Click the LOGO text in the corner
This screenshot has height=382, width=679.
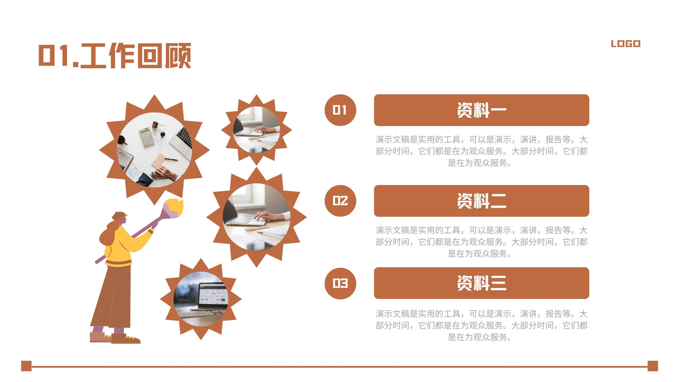tap(626, 44)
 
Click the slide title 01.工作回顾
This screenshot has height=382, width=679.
tap(115, 56)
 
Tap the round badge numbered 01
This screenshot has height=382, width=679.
tap(340, 110)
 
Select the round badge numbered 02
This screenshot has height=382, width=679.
tap(340, 201)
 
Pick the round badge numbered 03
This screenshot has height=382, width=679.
tap(340, 284)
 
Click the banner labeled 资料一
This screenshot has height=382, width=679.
tap(481, 110)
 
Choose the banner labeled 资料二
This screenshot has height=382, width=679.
tap(481, 201)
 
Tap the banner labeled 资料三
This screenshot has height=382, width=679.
tap(481, 283)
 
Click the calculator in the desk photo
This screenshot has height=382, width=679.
tap(146, 137)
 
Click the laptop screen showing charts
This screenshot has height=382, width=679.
tap(213, 293)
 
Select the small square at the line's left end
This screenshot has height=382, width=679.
tap(26, 366)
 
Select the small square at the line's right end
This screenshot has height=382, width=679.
tap(653, 366)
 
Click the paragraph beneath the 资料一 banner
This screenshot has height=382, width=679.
tap(481, 151)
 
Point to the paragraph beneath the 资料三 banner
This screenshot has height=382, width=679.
tap(481, 325)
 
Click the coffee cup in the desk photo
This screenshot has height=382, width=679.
tap(122, 140)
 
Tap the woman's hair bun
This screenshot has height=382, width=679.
tap(119, 215)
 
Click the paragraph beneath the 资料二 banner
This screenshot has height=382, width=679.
tap(481, 242)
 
